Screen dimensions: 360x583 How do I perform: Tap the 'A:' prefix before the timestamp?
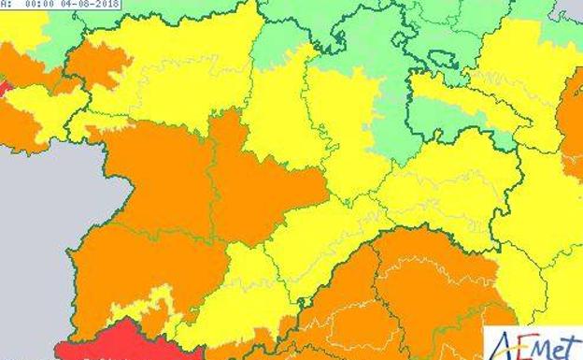click(6, 5)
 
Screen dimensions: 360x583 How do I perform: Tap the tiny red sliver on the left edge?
click(4, 90)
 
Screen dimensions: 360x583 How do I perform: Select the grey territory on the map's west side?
click(37, 234)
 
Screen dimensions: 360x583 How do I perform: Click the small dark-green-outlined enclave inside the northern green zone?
click(441, 58)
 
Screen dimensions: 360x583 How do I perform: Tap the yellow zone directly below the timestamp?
click(23, 28)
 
